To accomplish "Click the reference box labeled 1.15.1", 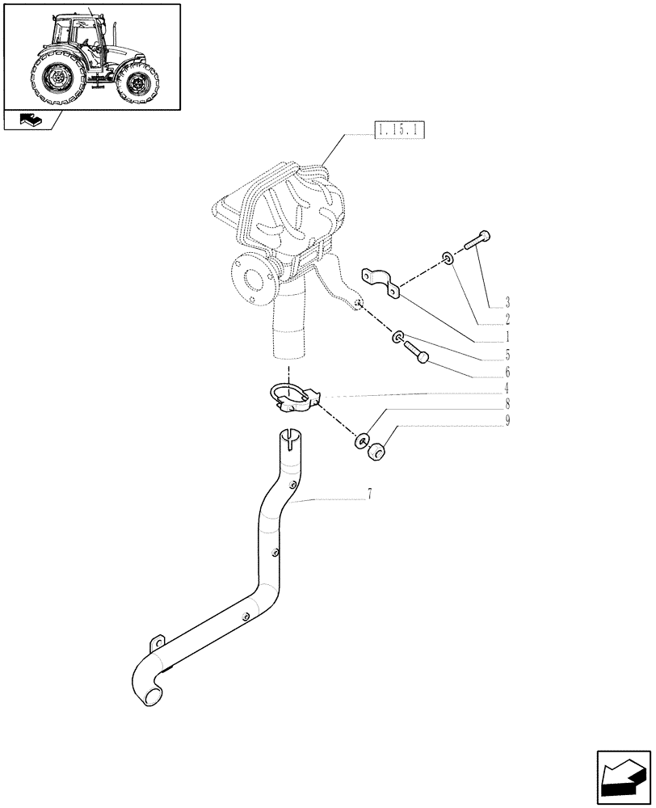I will (x=400, y=130).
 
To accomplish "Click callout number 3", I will (x=507, y=302).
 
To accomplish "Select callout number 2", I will (x=507, y=320).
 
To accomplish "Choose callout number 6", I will (x=507, y=372).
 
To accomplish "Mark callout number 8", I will (x=507, y=403).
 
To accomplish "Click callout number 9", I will (x=507, y=420).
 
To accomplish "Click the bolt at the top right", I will (x=477, y=241).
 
